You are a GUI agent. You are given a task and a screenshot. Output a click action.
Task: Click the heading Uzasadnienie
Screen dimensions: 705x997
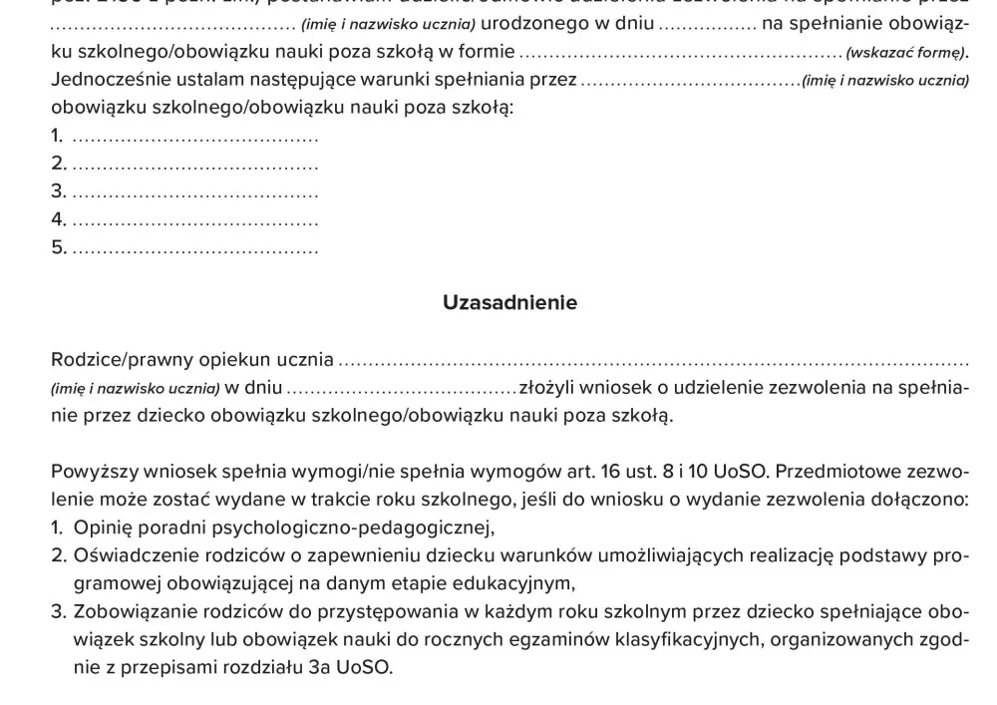(509, 303)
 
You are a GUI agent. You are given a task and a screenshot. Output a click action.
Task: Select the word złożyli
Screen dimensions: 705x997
(547, 387)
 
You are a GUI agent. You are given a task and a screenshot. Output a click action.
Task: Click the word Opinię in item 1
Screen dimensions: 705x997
(103, 528)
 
